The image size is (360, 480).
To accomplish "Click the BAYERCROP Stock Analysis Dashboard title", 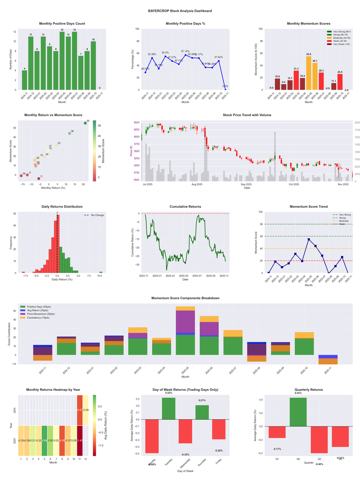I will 180,10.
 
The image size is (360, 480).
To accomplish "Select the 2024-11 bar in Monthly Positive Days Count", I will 24,80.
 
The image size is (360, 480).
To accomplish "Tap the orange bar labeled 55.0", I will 309,72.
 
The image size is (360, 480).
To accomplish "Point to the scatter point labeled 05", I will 85,123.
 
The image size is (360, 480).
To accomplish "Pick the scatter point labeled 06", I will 69,133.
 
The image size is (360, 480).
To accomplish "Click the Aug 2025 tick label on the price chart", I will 197,184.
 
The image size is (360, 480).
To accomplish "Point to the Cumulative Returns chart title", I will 185,207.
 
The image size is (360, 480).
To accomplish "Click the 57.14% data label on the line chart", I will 185,51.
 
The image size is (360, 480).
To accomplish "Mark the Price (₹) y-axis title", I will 131,151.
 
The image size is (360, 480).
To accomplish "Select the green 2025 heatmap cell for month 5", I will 44,440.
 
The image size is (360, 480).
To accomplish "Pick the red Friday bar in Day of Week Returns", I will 219,429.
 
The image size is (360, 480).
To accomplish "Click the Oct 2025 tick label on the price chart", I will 294,184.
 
